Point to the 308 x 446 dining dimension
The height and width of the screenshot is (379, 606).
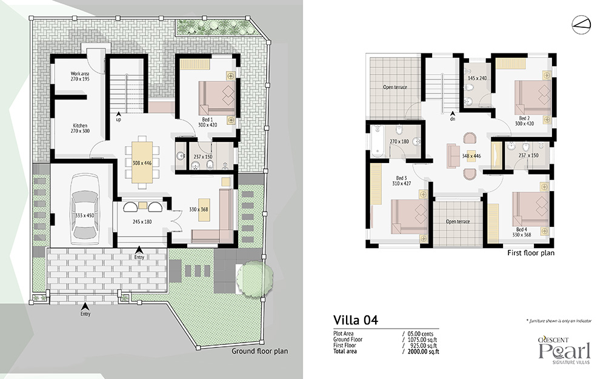pos(142,163)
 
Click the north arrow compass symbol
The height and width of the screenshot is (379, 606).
pos(581,24)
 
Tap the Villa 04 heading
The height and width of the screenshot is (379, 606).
pos(356,320)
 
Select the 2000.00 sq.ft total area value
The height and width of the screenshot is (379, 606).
pos(423,352)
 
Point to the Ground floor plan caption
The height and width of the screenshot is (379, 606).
pos(260,351)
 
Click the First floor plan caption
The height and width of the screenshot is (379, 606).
pos(531,253)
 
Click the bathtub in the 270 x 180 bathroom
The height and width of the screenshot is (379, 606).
pos(377,141)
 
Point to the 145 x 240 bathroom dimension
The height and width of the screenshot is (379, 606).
pos(478,78)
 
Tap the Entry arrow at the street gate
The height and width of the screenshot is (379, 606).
pos(85,306)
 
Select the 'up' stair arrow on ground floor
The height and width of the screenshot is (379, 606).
pos(118,114)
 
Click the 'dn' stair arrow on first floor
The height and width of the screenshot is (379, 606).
pos(452,114)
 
